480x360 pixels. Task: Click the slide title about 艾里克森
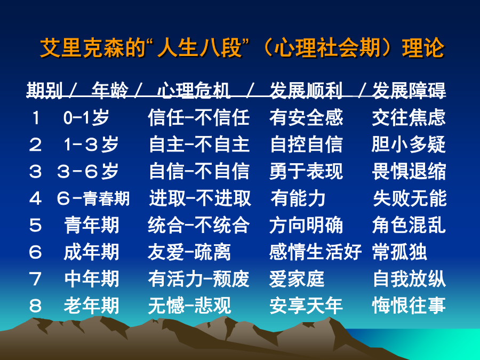[242, 48]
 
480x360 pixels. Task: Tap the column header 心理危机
[194, 90]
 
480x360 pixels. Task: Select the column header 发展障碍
[409, 90]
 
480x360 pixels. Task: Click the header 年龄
[110, 90]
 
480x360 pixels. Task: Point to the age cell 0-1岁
[86, 117]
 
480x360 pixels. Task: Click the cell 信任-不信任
[199, 117]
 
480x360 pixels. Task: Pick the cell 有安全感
[306, 117]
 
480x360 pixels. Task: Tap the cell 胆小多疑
[409, 145]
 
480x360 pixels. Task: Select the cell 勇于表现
[306, 171]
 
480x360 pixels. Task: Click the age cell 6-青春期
[93, 198]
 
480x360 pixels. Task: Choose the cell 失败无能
[410, 198]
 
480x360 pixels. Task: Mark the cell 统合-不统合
[199, 225]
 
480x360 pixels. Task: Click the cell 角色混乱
[409, 225]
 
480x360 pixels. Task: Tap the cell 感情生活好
[315, 252]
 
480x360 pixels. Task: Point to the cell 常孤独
[399, 252]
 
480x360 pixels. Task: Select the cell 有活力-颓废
[199, 279]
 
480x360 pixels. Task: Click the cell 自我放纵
[410, 279]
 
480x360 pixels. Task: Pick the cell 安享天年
[306, 306]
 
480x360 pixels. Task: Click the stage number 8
[35, 306]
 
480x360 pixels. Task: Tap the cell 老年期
[91, 306]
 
